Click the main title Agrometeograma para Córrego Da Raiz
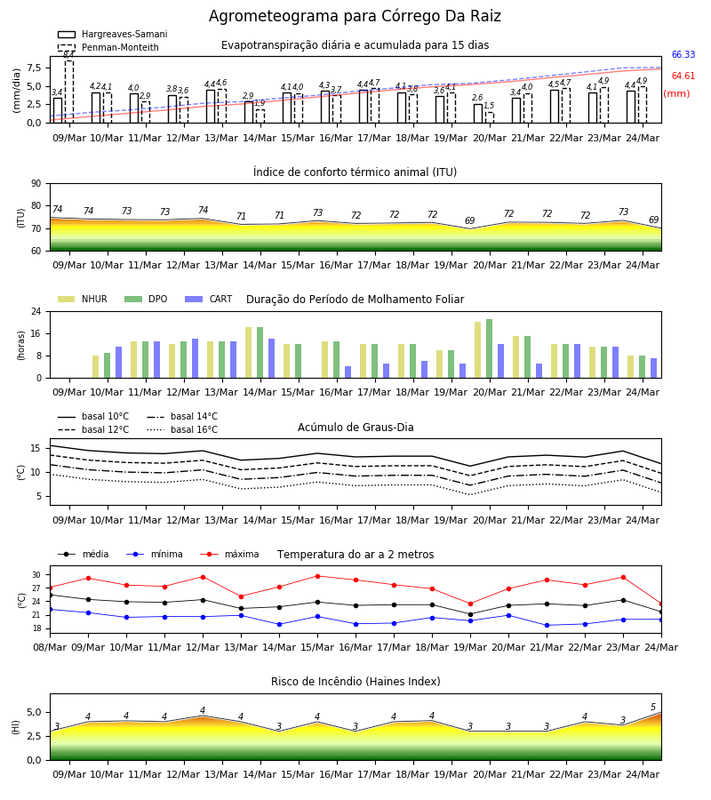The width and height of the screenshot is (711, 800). tap(355, 16)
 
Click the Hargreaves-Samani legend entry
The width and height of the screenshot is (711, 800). tap(113, 34)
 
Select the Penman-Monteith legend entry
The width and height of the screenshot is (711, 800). tap(108, 47)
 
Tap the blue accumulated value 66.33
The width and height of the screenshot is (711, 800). tap(683, 54)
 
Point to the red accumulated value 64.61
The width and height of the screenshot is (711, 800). tap(683, 76)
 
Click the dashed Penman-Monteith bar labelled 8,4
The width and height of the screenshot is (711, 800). tap(69, 92)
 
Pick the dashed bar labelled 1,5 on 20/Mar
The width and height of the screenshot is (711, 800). tap(490, 117)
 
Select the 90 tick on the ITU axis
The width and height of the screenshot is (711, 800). tap(36, 184)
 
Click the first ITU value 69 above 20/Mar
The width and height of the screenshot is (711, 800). tap(470, 220)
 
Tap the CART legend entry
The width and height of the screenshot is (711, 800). tap(209, 299)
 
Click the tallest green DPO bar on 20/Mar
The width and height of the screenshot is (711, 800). tap(490, 349)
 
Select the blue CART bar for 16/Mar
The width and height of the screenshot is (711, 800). tap(348, 372)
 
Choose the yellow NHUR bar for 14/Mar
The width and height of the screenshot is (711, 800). tap(248, 353)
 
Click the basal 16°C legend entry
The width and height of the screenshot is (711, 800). tap(182, 429)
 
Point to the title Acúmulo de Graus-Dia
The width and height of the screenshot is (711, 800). tap(355, 428)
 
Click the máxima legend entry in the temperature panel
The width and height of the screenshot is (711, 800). tap(230, 554)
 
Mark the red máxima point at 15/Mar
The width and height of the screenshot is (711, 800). tap(318, 577)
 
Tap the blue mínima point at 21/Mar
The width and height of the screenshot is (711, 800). tap(547, 626)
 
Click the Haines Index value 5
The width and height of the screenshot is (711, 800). tap(653, 708)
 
